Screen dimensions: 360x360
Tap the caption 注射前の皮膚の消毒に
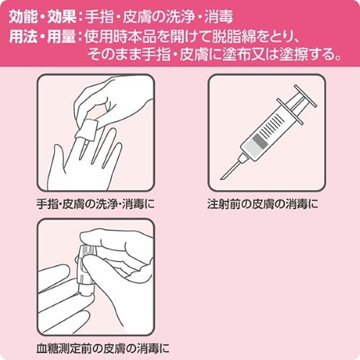pyautogui.click(x=263, y=204)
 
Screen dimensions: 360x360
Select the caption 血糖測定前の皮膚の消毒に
pyautogui.click(x=103, y=348)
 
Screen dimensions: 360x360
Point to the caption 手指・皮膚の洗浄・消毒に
pyautogui.click(x=96, y=204)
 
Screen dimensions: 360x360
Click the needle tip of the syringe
pyautogui.click(x=221, y=179)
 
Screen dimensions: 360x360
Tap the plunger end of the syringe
pyautogui.click(x=305, y=96)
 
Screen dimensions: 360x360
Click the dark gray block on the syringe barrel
pyautogui.click(x=260, y=141)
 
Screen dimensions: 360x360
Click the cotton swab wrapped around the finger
pyautogui.click(x=88, y=129)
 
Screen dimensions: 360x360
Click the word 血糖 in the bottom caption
pyautogui.click(x=48, y=348)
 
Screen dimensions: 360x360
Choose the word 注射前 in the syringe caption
pyautogui.click(x=224, y=204)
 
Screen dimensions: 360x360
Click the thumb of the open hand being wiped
pyautogui.click(x=56, y=158)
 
